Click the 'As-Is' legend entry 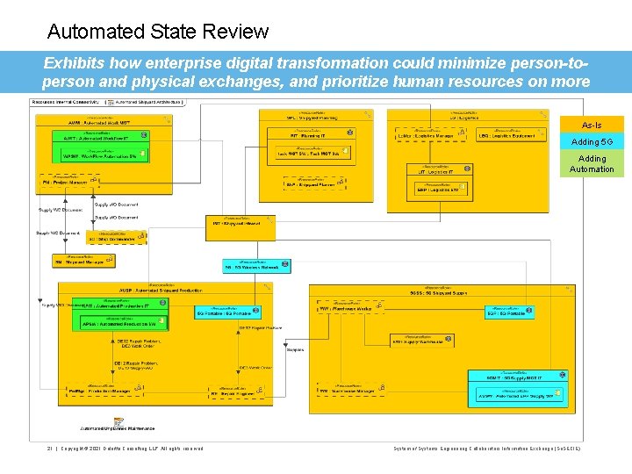(592, 126)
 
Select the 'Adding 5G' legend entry (592, 142)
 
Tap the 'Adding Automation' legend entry (592, 164)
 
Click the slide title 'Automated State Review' (158, 32)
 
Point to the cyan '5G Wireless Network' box (256, 265)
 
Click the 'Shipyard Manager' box (83, 261)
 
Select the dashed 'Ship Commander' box (111, 237)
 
